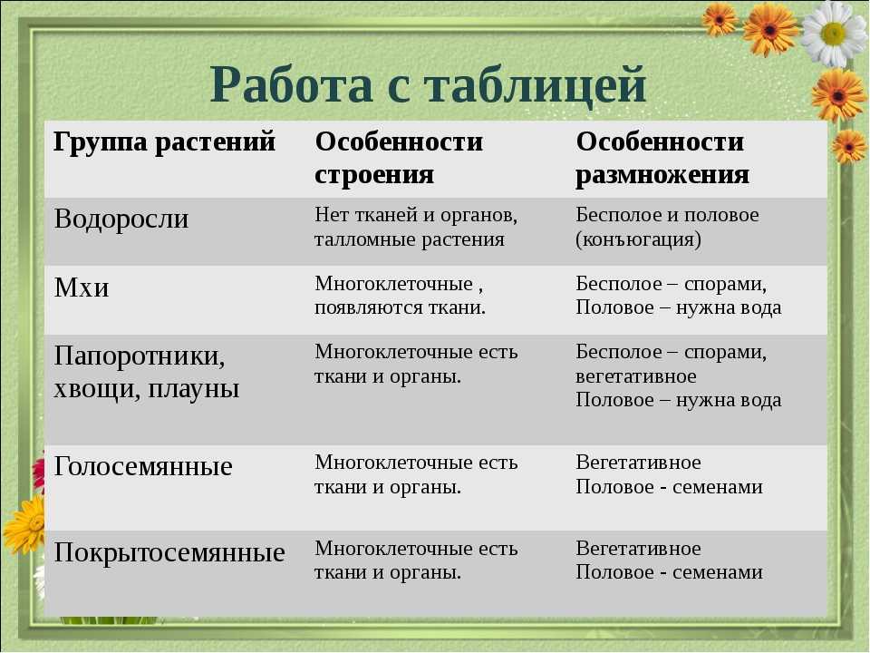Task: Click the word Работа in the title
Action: point(291,84)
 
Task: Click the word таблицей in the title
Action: point(535,85)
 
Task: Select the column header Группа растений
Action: point(164,142)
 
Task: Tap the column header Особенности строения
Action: point(399,158)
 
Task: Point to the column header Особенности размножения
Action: point(662,158)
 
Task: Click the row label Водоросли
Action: point(121,219)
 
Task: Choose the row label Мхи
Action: point(81,288)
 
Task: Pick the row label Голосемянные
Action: point(143,466)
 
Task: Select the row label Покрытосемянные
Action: point(169,552)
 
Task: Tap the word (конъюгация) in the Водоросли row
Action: point(638,239)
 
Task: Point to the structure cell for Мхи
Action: point(400,296)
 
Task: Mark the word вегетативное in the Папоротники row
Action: point(636,376)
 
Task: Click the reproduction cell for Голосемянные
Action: point(669,474)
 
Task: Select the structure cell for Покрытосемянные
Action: point(416,560)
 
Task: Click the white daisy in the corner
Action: point(834,34)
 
